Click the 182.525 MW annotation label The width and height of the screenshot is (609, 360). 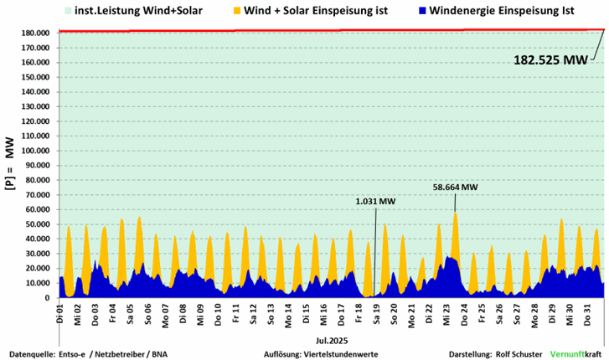pos(550,59)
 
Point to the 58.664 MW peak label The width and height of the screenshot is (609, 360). pos(456,188)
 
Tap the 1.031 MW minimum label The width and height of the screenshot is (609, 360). pos(374,201)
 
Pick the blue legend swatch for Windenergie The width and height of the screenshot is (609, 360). pos(422,11)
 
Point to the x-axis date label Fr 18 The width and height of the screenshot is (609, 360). pos(359,314)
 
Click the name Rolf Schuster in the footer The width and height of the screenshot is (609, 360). pos(519,354)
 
